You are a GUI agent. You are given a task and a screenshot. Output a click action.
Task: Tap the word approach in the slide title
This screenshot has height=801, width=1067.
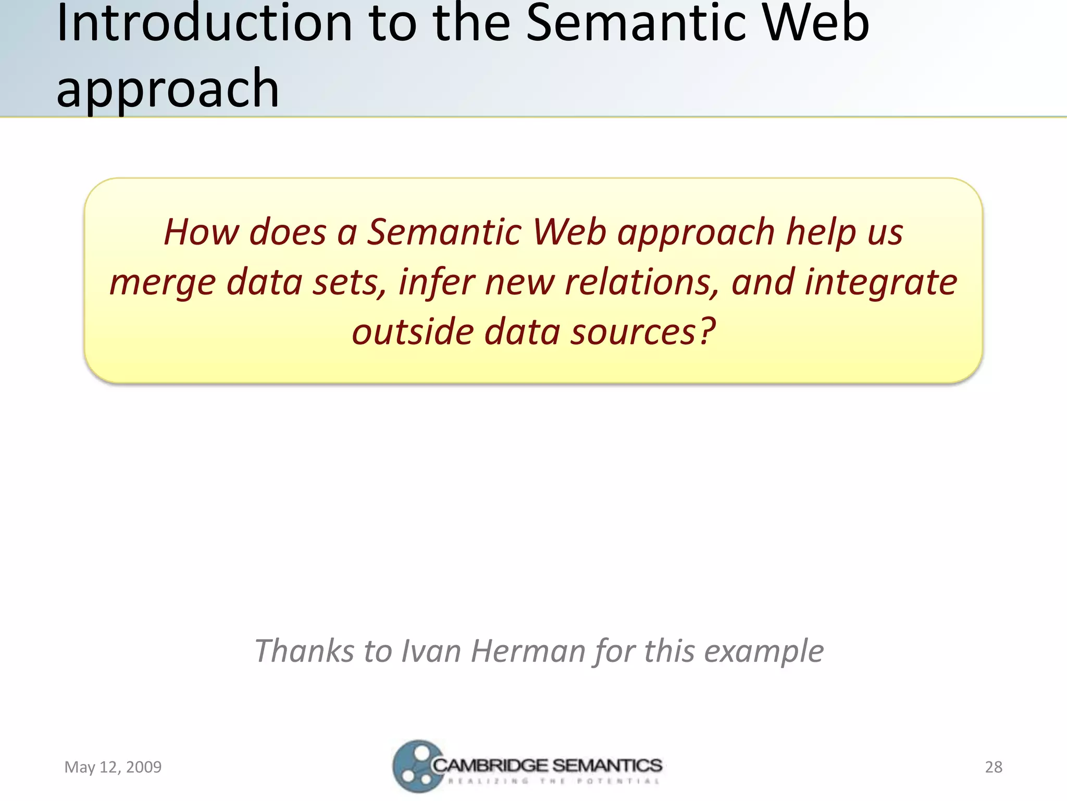pyautogui.click(x=168, y=89)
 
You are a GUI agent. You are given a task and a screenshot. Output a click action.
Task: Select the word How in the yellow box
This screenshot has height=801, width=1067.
pyautogui.click(x=201, y=232)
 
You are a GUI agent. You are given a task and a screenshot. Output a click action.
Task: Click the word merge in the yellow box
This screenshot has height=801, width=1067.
pyautogui.click(x=162, y=282)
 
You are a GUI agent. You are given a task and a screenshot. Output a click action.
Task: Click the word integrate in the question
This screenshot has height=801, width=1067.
pyautogui.click(x=880, y=282)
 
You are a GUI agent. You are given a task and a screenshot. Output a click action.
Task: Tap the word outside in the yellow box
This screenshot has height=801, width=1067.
pyautogui.click(x=412, y=332)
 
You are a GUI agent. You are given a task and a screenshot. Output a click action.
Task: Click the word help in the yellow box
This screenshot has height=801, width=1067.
pyautogui.click(x=821, y=232)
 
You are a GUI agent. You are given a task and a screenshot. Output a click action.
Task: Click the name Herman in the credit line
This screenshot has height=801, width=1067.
pyautogui.click(x=528, y=651)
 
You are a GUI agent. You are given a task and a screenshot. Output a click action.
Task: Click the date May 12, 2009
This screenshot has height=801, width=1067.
pyautogui.click(x=113, y=767)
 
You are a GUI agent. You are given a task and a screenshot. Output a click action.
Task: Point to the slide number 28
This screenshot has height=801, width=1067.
pyautogui.click(x=993, y=767)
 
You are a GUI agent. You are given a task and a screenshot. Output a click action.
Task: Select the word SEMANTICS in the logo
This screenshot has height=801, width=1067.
pyautogui.click(x=607, y=766)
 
